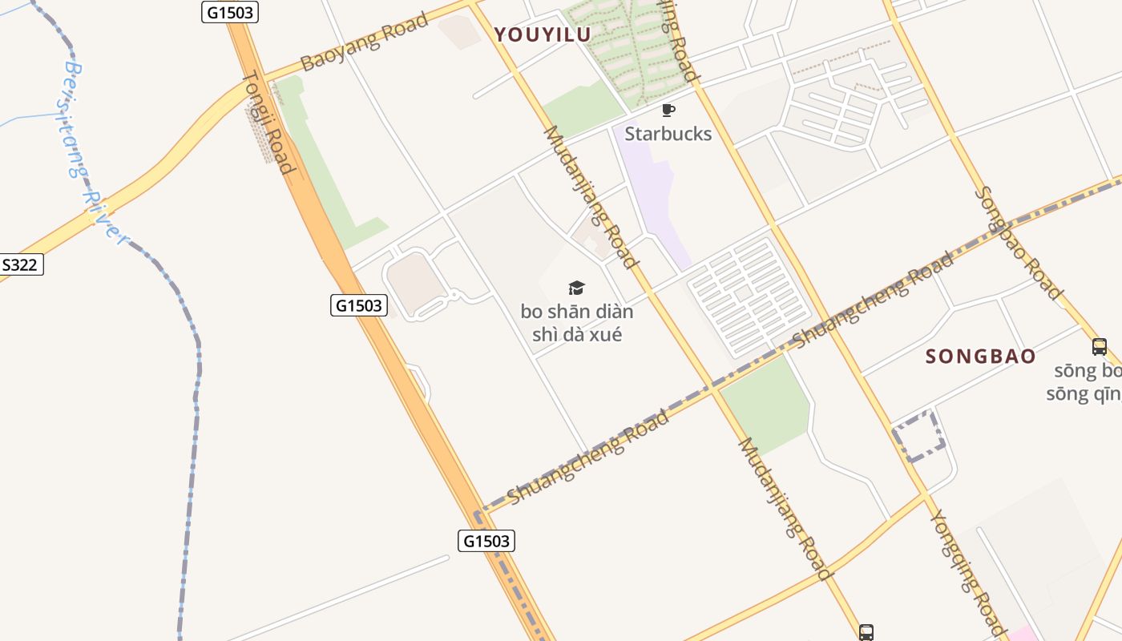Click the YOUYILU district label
(x=543, y=34)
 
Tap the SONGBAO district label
(x=980, y=357)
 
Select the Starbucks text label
(x=668, y=134)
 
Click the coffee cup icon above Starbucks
(x=668, y=110)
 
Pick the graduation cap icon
(x=576, y=288)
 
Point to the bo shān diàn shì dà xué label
(x=576, y=323)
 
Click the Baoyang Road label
(x=365, y=42)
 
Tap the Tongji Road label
(x=268, y=122)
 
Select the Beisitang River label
(x=95, y=152)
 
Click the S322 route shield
(x=20, y=265)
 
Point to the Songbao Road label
(x=1018, y=242)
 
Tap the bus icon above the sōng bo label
(x=1099, y=347)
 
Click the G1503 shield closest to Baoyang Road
(x=229, y=11)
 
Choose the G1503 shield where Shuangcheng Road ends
(x=486, y=541)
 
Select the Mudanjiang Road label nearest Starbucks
(x=591, y=196)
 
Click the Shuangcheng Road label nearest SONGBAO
(x=874, y=300)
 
